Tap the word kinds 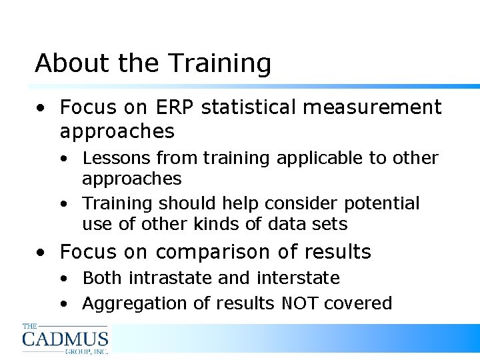(209, 224)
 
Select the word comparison (214, 252)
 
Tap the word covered (358, 303)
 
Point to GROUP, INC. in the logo (86, 350)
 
